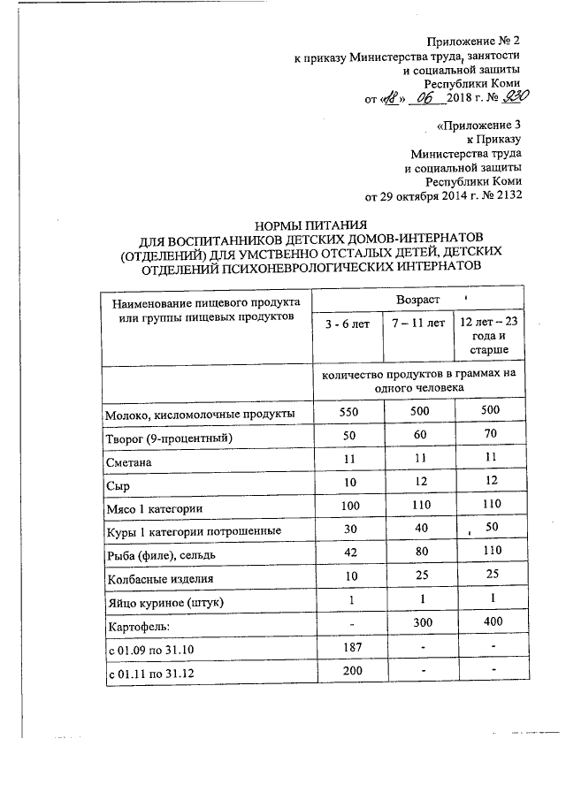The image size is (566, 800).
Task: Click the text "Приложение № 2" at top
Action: coord(473,42)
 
